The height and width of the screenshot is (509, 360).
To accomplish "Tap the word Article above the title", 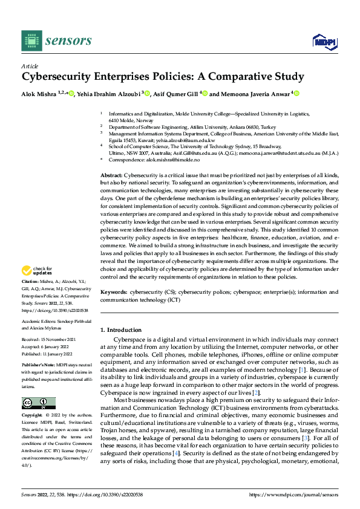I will [29, 65].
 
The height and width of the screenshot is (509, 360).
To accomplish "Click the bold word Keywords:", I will [114, 291].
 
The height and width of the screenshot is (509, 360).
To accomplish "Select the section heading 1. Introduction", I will [120, 330].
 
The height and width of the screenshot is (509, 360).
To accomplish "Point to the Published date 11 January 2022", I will [61, 353].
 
